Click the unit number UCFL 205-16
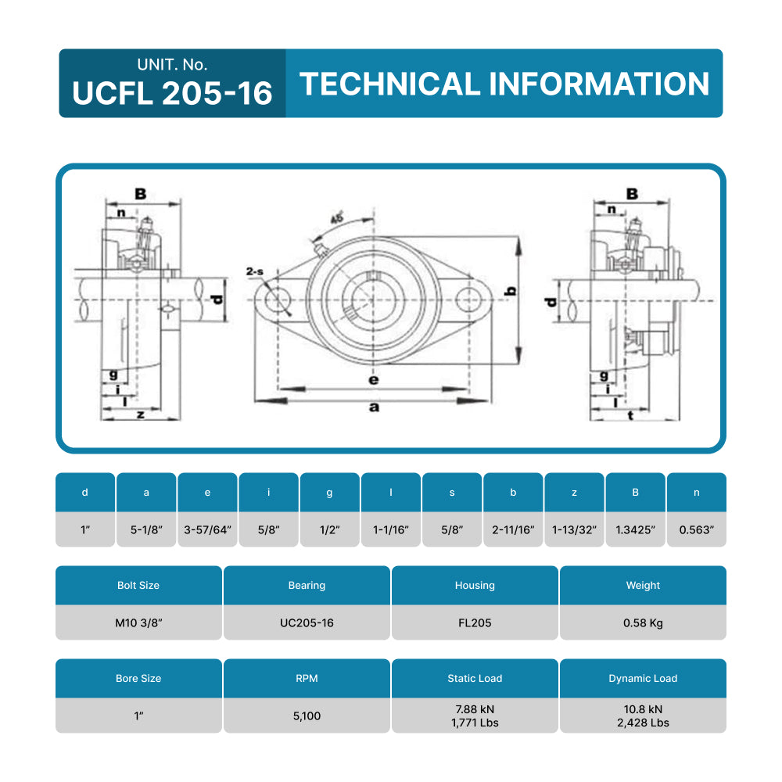[x=172, y=93]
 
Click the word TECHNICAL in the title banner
[x=389, y=84]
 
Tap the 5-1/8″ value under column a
[x=146, y=529]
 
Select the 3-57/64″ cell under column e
[x=207, y=529]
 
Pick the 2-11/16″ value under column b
[x=513, y=529]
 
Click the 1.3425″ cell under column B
[x=635, y=529]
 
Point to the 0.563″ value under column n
[x=696, y=529]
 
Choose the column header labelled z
[x=574, y=492]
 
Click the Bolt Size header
[x=138, y=585]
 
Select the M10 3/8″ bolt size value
[x=138, y=622]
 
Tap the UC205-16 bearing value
[x=307, y=622]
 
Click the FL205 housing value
[x=475, y=622]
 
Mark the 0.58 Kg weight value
[x=643, y=622]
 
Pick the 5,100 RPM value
[x=307, y=716]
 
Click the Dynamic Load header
[x=643, y=678]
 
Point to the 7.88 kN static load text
[x=475, y=708]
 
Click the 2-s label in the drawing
[x=254, y=271]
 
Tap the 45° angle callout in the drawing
[x=337, y=218]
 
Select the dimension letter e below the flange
[x=374, y=380]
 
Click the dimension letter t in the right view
[x=630, y=415]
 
